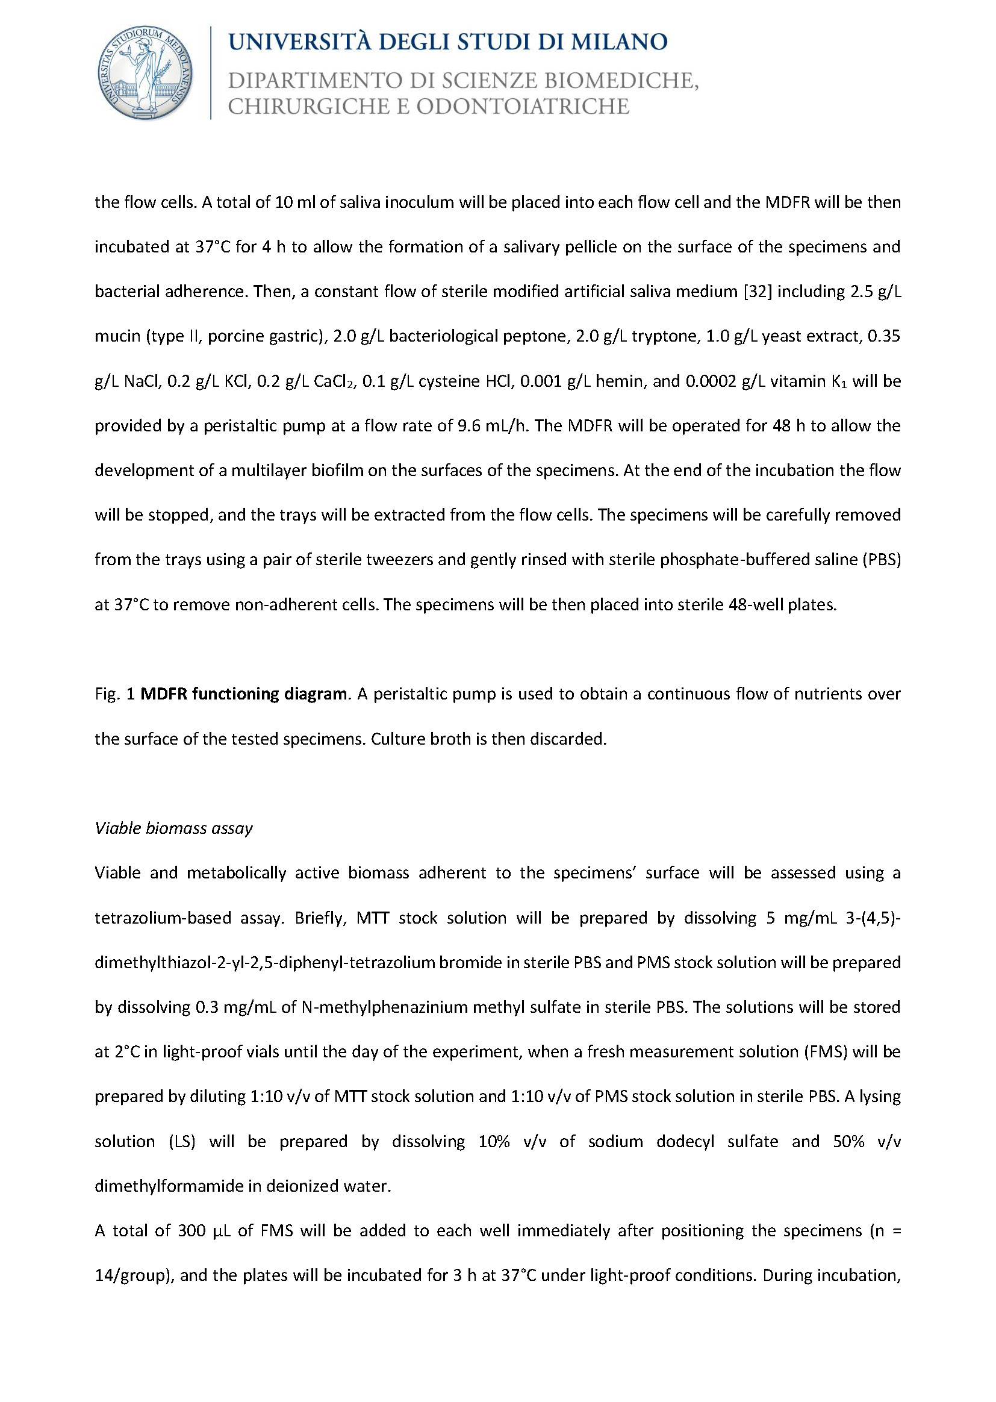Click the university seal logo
pos(145,72)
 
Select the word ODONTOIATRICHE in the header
pos(523,107)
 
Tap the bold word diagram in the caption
pos(314,694)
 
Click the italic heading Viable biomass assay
pos(173,828)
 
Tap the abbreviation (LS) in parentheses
pos(182,1141)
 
